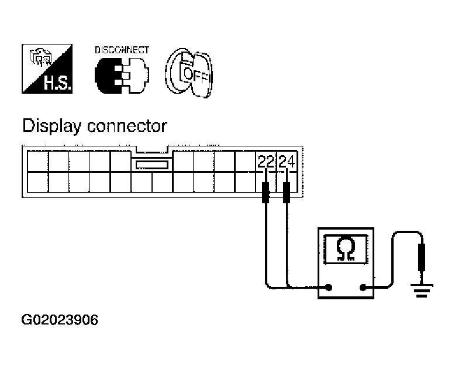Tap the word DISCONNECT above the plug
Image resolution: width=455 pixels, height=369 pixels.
(122, 50)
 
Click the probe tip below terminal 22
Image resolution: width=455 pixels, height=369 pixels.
(266, 193)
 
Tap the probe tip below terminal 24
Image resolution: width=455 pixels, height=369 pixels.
(286, 193)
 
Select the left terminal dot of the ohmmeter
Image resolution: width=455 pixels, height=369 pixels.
(329, 288)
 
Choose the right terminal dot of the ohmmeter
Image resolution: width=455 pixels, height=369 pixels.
(364, 288)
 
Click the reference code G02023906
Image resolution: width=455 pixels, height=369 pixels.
(60, 320)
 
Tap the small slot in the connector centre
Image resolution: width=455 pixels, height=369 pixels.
(151, 166)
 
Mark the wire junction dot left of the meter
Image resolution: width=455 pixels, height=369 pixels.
(287, 287)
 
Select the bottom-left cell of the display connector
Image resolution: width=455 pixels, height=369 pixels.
(37, 183)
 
